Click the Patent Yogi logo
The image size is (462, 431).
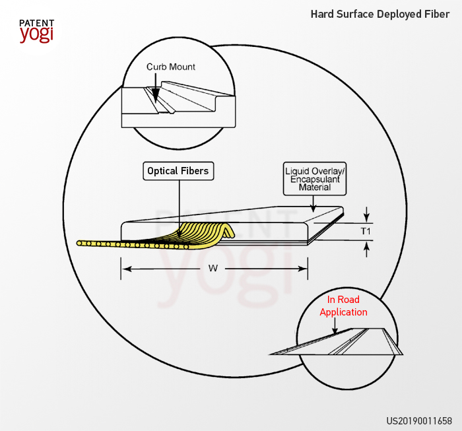click(x=37, y=31)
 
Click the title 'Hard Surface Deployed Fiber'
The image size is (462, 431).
click(x=380, y=14)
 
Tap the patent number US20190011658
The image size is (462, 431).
click(x=419, y=420)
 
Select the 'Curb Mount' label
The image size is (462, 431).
click(x=171, y=67)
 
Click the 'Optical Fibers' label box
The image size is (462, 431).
click(x=178, y=171)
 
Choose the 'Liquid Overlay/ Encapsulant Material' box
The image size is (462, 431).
click(x=315, y=179)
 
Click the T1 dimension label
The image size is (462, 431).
click(x=366, y=231)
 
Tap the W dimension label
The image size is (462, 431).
click(x=213, y=269)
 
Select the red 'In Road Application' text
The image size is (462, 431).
click(x=344, y=306)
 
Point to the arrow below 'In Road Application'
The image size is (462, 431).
click(x=335, y=326)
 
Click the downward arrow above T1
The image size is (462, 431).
click(x=366, y=214)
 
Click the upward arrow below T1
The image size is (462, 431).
click(x=366, y=249)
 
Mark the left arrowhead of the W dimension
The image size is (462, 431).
click(x=127, y=269)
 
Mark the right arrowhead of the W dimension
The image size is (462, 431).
click(x=302, y=269)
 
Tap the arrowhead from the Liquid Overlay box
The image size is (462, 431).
click(x=313, y=209)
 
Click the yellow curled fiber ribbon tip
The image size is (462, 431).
click(x=231, y=232)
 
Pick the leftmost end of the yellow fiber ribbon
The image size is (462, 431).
click(x=79, y=243)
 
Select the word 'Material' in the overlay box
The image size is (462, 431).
click(x=315, y=187)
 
